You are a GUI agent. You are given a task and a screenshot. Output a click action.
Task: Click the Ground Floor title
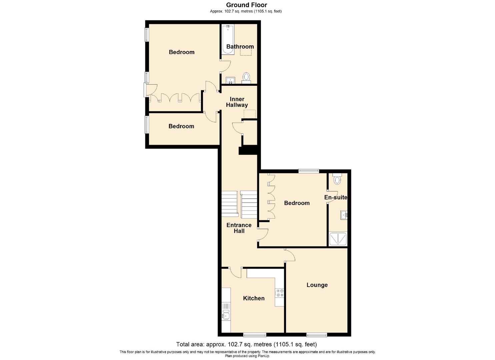[x=246, y=5]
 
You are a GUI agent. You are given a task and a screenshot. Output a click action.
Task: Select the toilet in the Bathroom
[x=246, y=77]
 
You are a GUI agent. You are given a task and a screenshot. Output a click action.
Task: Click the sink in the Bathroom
[x=230, y=80]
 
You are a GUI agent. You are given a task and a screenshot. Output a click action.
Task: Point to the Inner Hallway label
[x=237, y=102]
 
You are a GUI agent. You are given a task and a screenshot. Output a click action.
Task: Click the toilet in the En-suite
[x=337, y=179]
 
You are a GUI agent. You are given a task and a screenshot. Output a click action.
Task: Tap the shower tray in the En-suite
[x=338, y=239]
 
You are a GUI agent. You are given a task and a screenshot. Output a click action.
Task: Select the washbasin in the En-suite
[x=344, y=215]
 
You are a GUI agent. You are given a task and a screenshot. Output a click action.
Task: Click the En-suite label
[x=336, y=197]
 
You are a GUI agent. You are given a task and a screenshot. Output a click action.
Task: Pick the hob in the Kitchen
[x=279, y=293]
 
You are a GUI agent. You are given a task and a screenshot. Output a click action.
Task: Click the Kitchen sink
[x=226, y=315]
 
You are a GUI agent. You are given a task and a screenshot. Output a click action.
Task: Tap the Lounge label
[x=317, y=285]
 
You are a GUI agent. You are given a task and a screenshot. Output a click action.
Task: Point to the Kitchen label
[x=254, y=298]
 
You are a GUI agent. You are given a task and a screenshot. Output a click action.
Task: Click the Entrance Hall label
[x=239, y=228]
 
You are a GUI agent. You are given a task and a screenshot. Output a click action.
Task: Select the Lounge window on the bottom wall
[x=317, y=335]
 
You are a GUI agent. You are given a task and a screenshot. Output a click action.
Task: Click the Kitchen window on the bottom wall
[x=254, y=335]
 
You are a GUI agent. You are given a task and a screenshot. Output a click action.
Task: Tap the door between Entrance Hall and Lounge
[x=290, y=255]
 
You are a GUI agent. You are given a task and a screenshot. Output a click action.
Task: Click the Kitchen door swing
[x=236, y=272]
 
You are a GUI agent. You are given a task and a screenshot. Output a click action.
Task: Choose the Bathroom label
[x=240, y=47]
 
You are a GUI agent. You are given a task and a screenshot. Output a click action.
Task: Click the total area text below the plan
[x=246, y=344]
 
